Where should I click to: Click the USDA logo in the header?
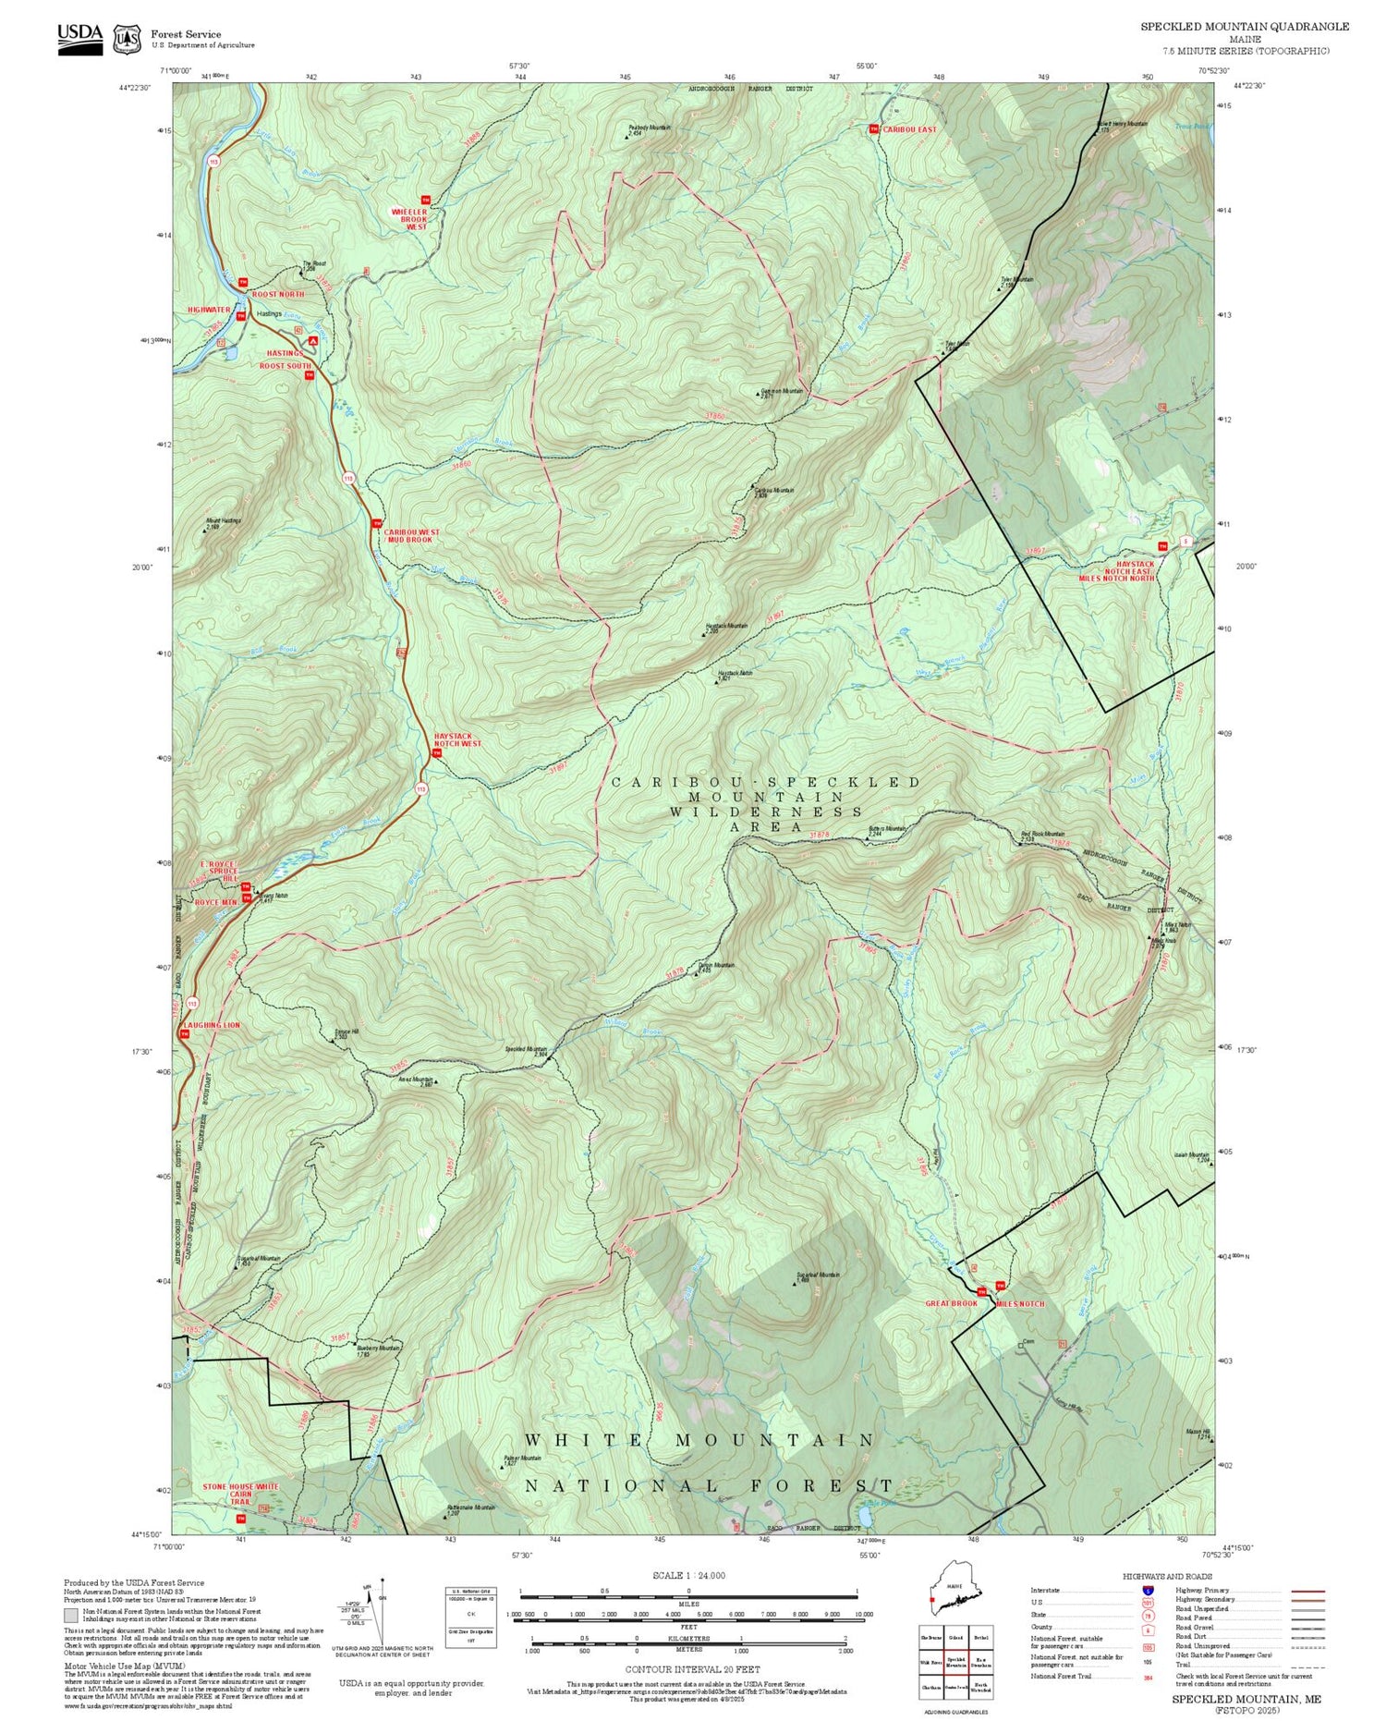[x=79, y=35]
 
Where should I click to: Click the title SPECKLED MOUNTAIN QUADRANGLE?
[x=1244, y=26]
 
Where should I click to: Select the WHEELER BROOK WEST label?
[x=409, y=218]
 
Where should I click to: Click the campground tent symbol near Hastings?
[x=313, y=341]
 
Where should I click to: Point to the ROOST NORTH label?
[x=278, y=294]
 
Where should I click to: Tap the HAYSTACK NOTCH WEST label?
[x=457, y=739]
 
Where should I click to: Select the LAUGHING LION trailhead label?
[x=211, y=1025]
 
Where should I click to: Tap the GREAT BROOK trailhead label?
[x=951, y=1303]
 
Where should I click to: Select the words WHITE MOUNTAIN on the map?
[x=699, y=1440]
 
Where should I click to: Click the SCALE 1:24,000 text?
[x=688, y=1575]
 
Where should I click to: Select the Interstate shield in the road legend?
[x=1148, y=1590]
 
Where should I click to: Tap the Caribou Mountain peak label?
[x=774, y=492]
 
